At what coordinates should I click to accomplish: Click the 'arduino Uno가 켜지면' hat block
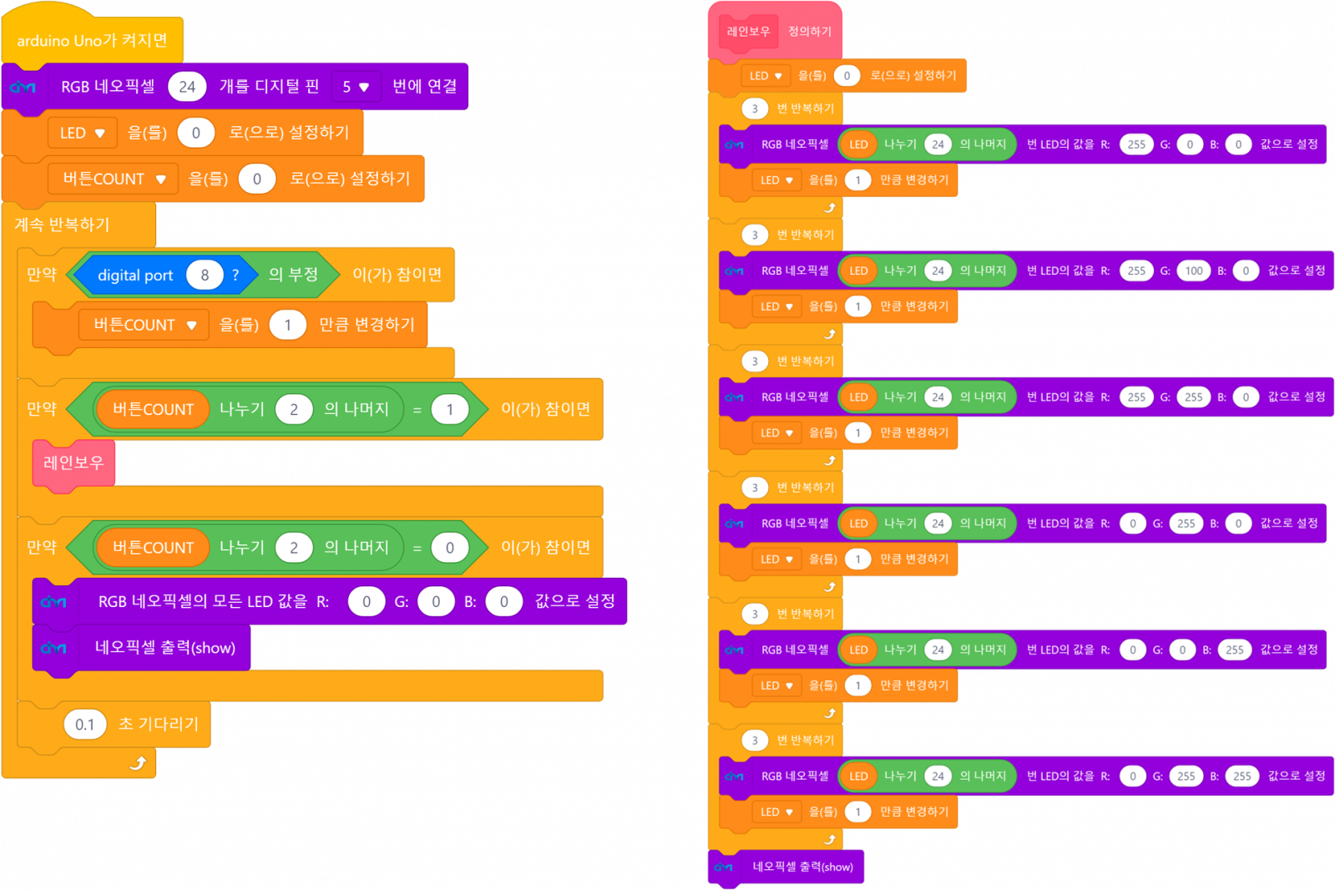(92, 40)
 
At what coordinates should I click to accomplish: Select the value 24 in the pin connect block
(187, 87)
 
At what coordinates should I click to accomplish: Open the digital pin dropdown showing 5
(356, 87)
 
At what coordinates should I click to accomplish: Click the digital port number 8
(205, 275)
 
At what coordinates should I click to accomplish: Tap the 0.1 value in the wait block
(85, 724)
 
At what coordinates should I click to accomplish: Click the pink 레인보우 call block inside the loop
(73, 463)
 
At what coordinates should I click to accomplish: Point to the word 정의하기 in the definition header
(810, 32)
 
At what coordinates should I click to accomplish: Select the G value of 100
(1194, 271)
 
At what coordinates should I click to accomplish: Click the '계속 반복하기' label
(63, 225)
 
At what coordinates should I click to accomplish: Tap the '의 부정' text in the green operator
(293, 275)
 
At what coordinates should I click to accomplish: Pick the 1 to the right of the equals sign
(450, 409)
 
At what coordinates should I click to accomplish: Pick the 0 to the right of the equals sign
(450, 548)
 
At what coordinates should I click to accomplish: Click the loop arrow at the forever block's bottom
(139, 762)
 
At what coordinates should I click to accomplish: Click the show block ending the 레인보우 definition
(802, 867)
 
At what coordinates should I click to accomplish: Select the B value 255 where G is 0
(1235, 650)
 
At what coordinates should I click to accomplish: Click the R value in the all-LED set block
(367, 601)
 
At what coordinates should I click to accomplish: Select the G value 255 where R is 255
(1194, 397)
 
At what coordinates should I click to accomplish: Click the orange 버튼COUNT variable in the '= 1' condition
(153, 409)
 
